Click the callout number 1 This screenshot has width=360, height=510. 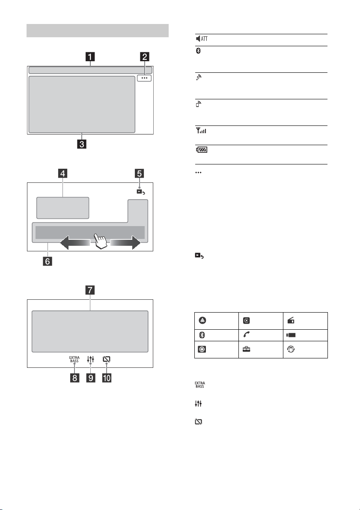point(90,57)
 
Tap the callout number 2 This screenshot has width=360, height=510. point(144,57)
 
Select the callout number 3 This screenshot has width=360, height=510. point(81,144)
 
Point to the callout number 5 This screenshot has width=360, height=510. point(139,173)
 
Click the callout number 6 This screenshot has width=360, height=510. point(48,261)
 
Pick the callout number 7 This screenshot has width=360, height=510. point(90,290)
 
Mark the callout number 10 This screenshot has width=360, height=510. point(107,378)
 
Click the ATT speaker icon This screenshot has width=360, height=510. point(202,39)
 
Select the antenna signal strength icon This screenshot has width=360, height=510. point(201,131)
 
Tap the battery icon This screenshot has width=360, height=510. point(202,149)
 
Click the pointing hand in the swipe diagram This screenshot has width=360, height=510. point(101,241)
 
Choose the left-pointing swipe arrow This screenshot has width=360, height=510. point(75,243)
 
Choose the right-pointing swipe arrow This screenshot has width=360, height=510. point(125,243)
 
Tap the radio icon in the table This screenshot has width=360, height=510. point(291,320)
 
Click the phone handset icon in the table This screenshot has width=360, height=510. point(247,335)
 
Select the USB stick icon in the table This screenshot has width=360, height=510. point(291,335)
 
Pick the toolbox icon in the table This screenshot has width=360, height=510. point(247,349)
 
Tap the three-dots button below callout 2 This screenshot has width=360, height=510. point(144,78)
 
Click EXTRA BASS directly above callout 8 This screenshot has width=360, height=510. point(74,359)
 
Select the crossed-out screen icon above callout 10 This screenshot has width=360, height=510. point(106,359)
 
